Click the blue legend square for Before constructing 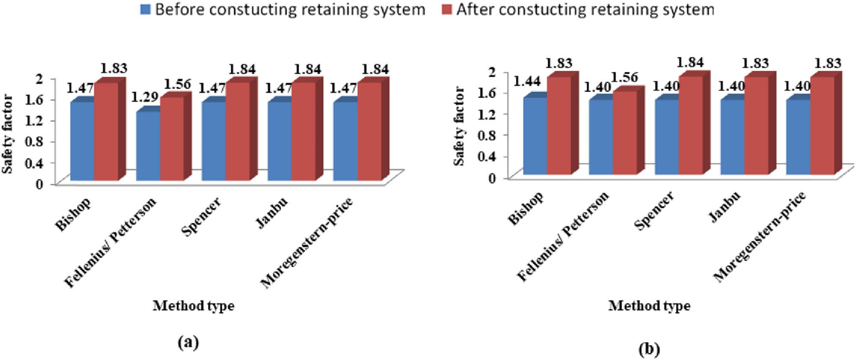[x=146, y=10]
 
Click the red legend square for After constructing [x=446, y=10]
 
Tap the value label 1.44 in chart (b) [x=526, y=80]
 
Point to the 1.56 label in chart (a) [x=177, y=84]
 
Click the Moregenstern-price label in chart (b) [x=759, y=237]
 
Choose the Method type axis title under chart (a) [x=193, y=306]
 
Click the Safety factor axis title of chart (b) [x=459, y=126]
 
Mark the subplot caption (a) [x=188, y=342]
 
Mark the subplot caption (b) [x=649, y=349]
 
